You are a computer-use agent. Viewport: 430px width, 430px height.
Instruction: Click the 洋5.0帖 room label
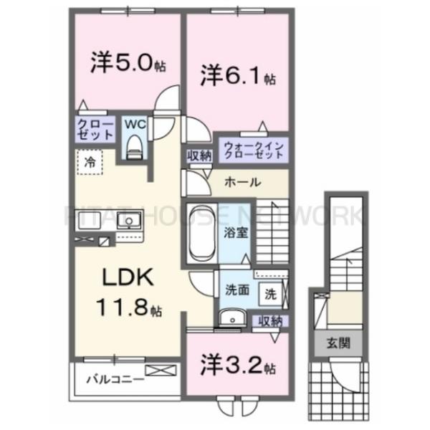[x=128, y=63]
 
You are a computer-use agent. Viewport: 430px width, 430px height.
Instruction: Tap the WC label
[x=133, y=123]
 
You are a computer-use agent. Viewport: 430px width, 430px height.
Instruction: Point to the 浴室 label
[x=236, y=231]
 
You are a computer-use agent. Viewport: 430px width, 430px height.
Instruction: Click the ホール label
[x=242, y=182]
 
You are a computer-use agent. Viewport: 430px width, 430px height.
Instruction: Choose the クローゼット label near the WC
[x=96, y=129]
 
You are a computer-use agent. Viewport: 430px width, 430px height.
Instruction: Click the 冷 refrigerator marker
[x=90, y=161]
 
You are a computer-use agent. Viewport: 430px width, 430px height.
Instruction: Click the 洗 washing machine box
[x=270, y=292]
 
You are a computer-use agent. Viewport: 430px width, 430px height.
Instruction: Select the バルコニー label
[x=113, y=378]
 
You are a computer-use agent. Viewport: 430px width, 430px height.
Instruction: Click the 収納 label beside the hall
[x=200, y=156]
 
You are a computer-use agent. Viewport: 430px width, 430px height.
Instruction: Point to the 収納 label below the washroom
[x=269, y=320]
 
